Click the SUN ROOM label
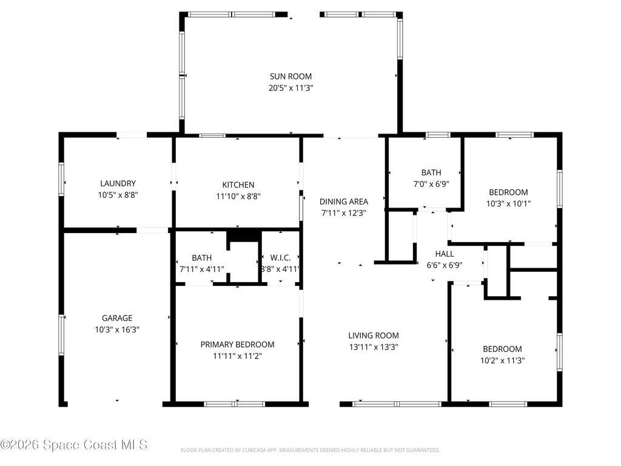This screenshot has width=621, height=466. coord(290,76)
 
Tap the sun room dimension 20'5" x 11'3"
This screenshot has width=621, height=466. coord(290,88)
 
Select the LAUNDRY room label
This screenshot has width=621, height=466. coord(118,183)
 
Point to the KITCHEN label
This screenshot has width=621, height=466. coord(238,184)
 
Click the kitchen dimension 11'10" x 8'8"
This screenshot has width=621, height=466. coord(238,196)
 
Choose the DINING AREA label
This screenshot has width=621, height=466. coord(344,201)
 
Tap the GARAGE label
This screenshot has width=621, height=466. coord(117,318)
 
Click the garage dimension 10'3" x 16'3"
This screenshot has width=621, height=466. coord(117,329)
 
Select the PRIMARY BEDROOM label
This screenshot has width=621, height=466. coord(237,345)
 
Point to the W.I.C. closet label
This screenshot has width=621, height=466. coord(280,258)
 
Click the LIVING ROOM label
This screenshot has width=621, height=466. coord(373,336)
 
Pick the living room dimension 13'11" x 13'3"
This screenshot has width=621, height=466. coord(373,347)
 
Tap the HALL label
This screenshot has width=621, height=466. coord(445,254)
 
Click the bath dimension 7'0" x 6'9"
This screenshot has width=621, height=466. coord(431,184)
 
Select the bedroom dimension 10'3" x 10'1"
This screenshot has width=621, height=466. coord(508,204)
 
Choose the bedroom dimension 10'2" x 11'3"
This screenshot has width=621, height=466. coord(502,360)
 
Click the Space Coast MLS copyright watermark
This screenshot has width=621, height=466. coord(74,445)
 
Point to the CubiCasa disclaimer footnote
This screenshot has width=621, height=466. coord(310,450)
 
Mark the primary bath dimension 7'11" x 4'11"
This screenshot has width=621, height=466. coord(201,269)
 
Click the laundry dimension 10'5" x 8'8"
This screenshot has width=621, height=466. coord(118,195)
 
